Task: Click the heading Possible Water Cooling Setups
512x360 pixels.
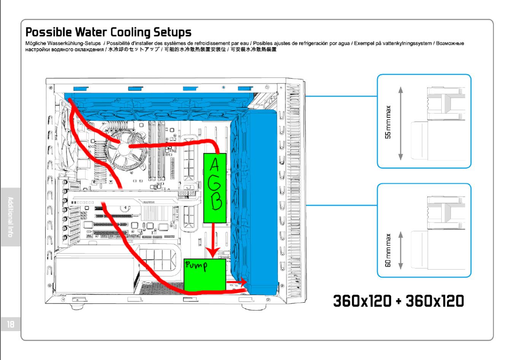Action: click(x=108, y=32)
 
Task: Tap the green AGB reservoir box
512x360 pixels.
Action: click(x=215, y=188)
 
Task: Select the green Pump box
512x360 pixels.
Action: click(x=205, y=275)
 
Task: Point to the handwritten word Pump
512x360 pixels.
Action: click(x=196, y=265)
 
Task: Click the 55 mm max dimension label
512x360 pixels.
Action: click(x=388, y=122)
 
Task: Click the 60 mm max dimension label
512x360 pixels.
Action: click(x=388, y=250)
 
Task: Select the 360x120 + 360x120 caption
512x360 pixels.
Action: click(x=398, y=301)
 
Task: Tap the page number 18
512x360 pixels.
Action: click(x=10, y=324)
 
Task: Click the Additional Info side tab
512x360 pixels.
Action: click(x=10, y=217)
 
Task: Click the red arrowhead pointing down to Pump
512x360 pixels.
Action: click(x=213, y=253)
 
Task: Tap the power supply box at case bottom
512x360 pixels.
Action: click(x=95, y=276)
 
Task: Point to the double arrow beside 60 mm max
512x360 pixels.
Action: click(x=401, y=251)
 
